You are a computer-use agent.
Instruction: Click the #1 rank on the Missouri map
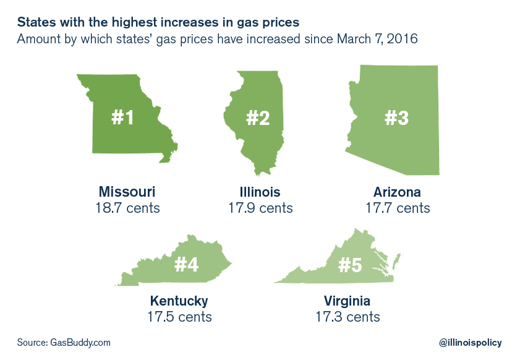pyautogui.click(x=122, y=118)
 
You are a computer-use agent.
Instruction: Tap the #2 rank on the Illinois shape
pyautogui.click(x=258, y=118)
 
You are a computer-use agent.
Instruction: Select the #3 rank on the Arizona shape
pyautogui.click(x=397, y=118)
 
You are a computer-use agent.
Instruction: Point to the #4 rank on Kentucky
pyautogui.click(x=187, y=264)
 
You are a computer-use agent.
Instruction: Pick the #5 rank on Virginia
pyautogui.click(x=351, y=264)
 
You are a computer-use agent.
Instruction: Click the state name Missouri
pyautogui.click(x=127, y=191)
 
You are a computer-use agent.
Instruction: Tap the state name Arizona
pyautogui.click(x=397, y=191)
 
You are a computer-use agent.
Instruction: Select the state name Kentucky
pyautogui.click(x=179, y=301)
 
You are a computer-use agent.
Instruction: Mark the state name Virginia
pyautogui.click(x=347, y=301)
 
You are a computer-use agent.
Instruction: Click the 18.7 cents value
pyautogui.click(x=127, y=208)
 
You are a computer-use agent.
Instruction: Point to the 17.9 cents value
pyautogui.click(x=260, y=208)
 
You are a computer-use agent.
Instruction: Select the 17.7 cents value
pyautogui.click(x=397, y=208)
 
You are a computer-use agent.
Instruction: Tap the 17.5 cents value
pyautogui.click(x=179, y=317)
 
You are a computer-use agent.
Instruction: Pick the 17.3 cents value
pyautogui.click(x=347, y=317)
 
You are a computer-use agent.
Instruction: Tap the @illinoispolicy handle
pyautogui.click(x=470, y=342)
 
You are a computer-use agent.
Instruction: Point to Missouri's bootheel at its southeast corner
pyautogui.click(x=165, y=159)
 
